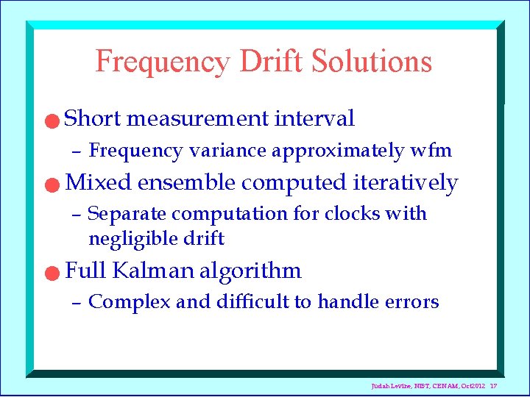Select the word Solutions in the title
tap(372, 62)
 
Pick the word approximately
tap(337, 151)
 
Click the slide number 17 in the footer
tap(494, 387)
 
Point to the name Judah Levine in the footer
tap(389, 387)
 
